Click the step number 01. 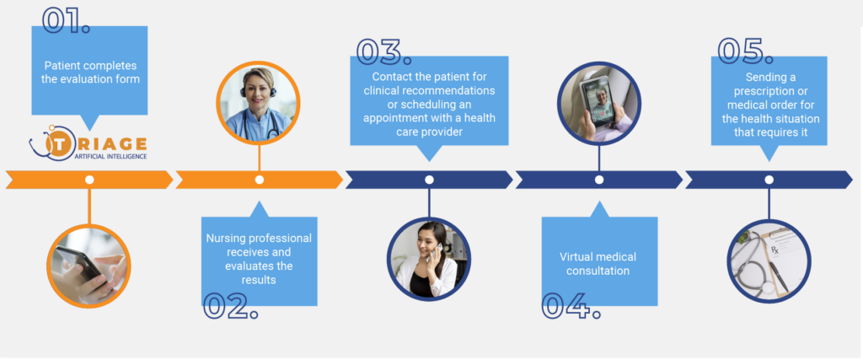pyautogui.click(x=66, y=20)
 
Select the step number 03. pyautogui.click(x=383, y=51)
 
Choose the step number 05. pyautogui.click(x=745, y=51)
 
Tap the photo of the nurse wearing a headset pyautogui.click(x=259, y=103)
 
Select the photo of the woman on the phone pyautogui.click(x=429, y=260)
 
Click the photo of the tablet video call pyautogui.click(x=599, y=103)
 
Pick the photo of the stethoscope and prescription pyautogui.click(x=769, y=261)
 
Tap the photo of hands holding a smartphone pyautogui.click(x=88, y=266)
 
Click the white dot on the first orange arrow pyautogui.click(x=89, y=180)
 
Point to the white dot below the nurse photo pyautogui.click(x=260, y=180)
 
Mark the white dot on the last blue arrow pyautogui.click(x=769, y=180)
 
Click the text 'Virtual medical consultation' pyautogui.click(x=598, y=264)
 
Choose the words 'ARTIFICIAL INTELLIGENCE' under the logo pyautogui.click(x=110, y=157)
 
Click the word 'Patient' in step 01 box pyautogui.click(x=62, y=65)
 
